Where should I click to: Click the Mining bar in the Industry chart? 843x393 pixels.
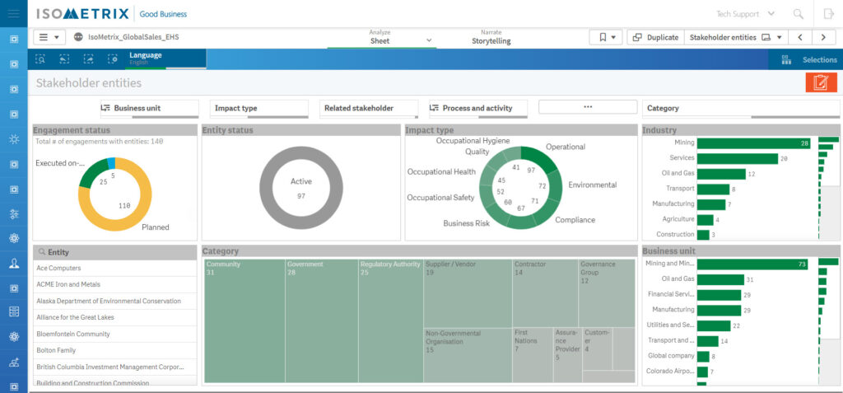pos(753,143)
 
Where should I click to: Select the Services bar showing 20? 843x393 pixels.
pos(737,158)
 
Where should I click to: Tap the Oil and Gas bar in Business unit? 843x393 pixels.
pos(720,280)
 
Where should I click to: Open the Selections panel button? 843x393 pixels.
pos(810,59)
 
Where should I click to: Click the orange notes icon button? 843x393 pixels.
pos(820,82)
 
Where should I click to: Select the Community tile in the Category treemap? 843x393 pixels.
pos(244,321)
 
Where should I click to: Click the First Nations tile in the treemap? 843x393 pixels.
pos(532,355)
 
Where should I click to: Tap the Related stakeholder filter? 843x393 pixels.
pos(370,108)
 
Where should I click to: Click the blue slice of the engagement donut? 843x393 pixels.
pos(110,162)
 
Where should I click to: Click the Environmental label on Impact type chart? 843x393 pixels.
pos(592,185)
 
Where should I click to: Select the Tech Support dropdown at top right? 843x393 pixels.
pos(744,14)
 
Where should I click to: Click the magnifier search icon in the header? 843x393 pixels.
pos(798,14)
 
